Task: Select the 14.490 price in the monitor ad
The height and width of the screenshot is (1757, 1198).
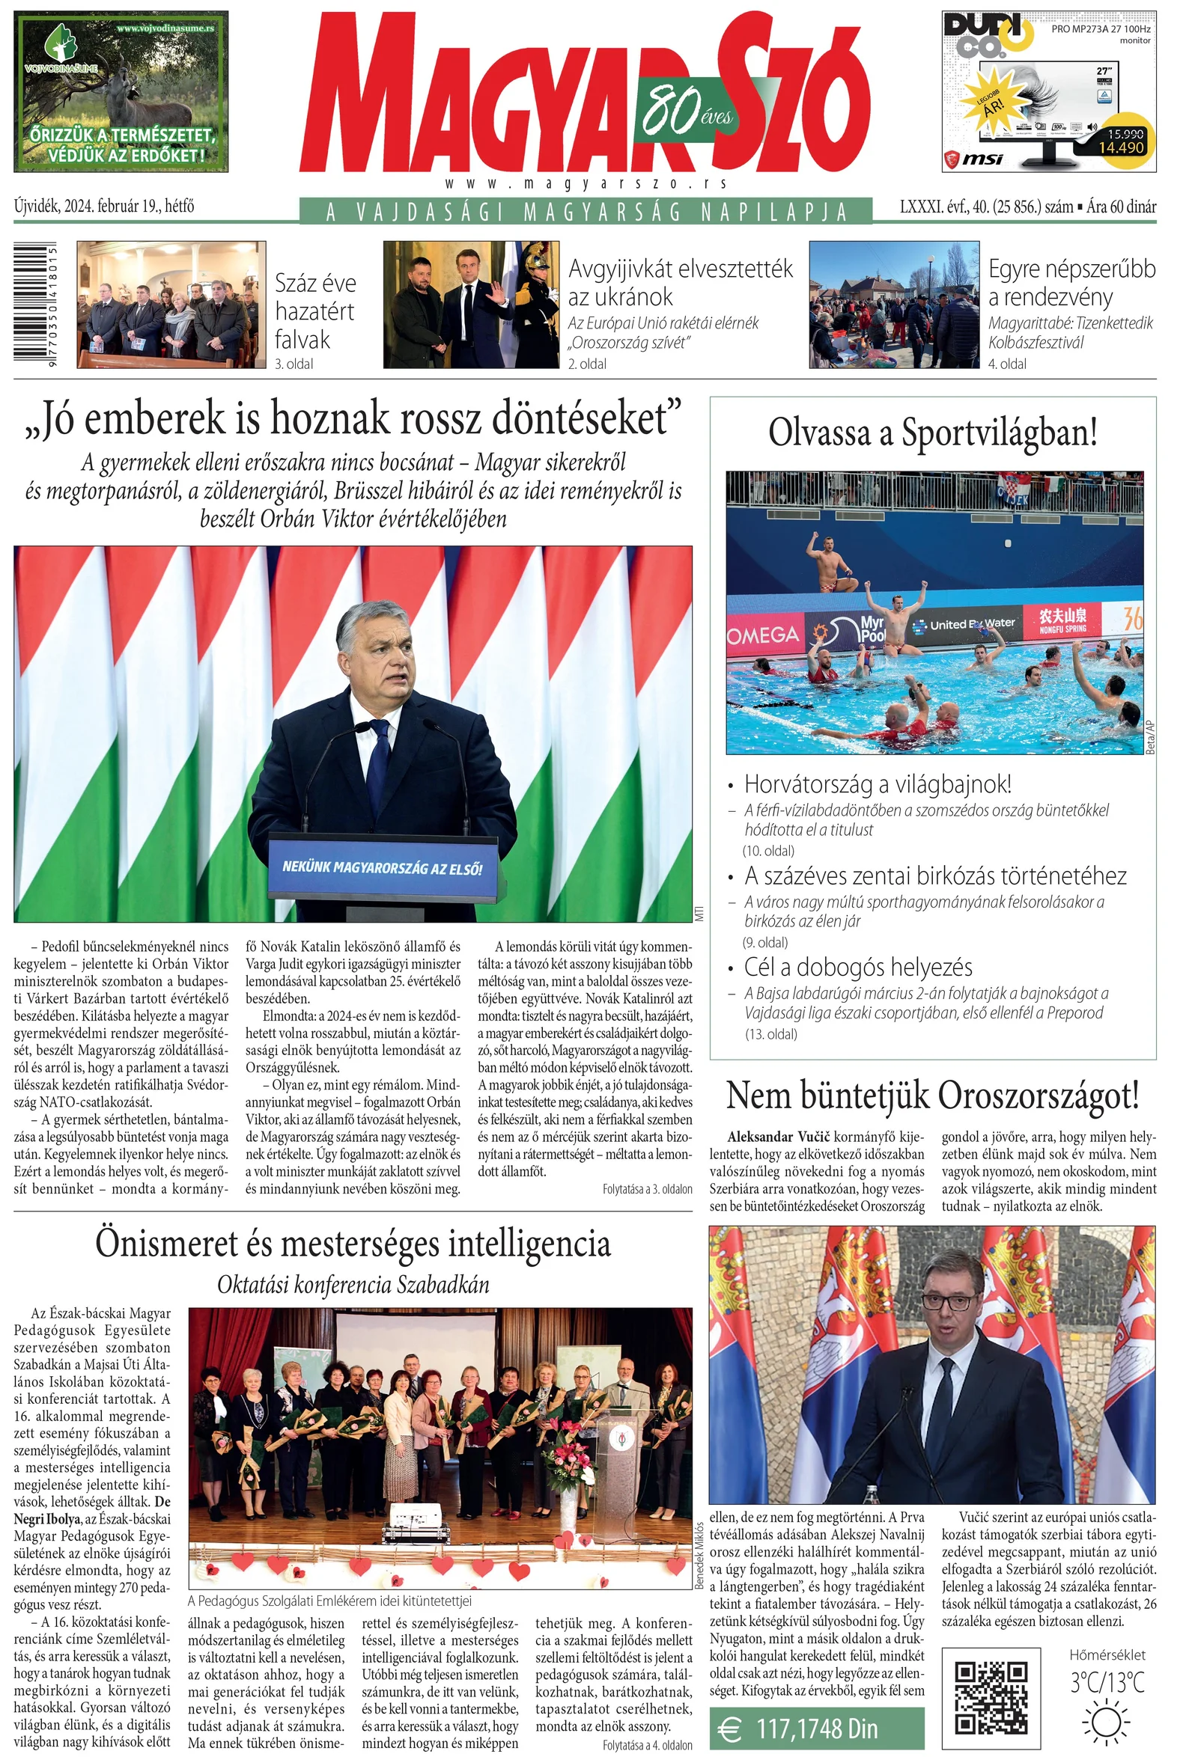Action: pos(1121,147)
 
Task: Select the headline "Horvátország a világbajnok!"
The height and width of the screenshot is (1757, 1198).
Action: pos(878,784)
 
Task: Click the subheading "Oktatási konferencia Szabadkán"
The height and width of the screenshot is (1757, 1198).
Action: pos(353,1285)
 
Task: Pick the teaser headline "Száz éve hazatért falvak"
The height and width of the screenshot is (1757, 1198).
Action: pos(314,311)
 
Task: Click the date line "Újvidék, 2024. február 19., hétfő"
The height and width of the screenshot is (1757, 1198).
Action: pos(104,206)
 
